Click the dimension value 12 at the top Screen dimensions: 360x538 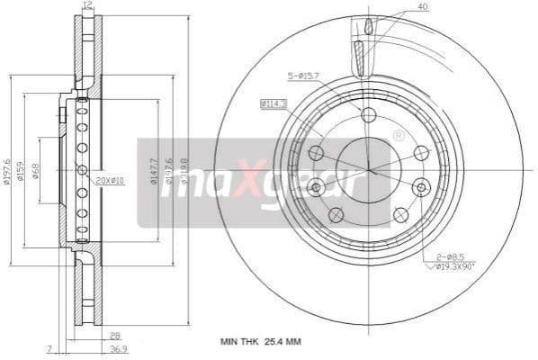tap(87, 5)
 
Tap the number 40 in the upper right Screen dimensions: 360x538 tap(424, 7)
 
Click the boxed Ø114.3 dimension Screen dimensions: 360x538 tap(273, 104)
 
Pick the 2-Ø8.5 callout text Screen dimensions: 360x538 tap(449, 257)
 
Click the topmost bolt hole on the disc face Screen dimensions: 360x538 tap(368, 113)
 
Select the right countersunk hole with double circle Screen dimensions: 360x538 tap(421, 187)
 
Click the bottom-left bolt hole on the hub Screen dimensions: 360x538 tap(336, 214)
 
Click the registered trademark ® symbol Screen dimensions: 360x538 tap(399, 136)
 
